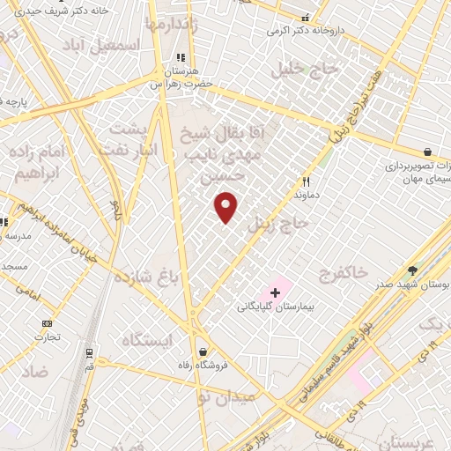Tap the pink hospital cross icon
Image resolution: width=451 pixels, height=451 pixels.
point(275,292)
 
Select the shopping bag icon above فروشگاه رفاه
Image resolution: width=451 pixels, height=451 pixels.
point(204,351)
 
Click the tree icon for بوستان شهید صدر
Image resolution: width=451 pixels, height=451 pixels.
point(412,270)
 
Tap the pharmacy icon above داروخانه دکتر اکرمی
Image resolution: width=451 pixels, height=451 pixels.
point(306,17)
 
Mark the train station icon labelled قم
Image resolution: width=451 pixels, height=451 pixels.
point(89,353)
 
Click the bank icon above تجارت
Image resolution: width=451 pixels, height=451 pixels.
point(47,322)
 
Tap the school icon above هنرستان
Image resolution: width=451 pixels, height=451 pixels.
point(182,55)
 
